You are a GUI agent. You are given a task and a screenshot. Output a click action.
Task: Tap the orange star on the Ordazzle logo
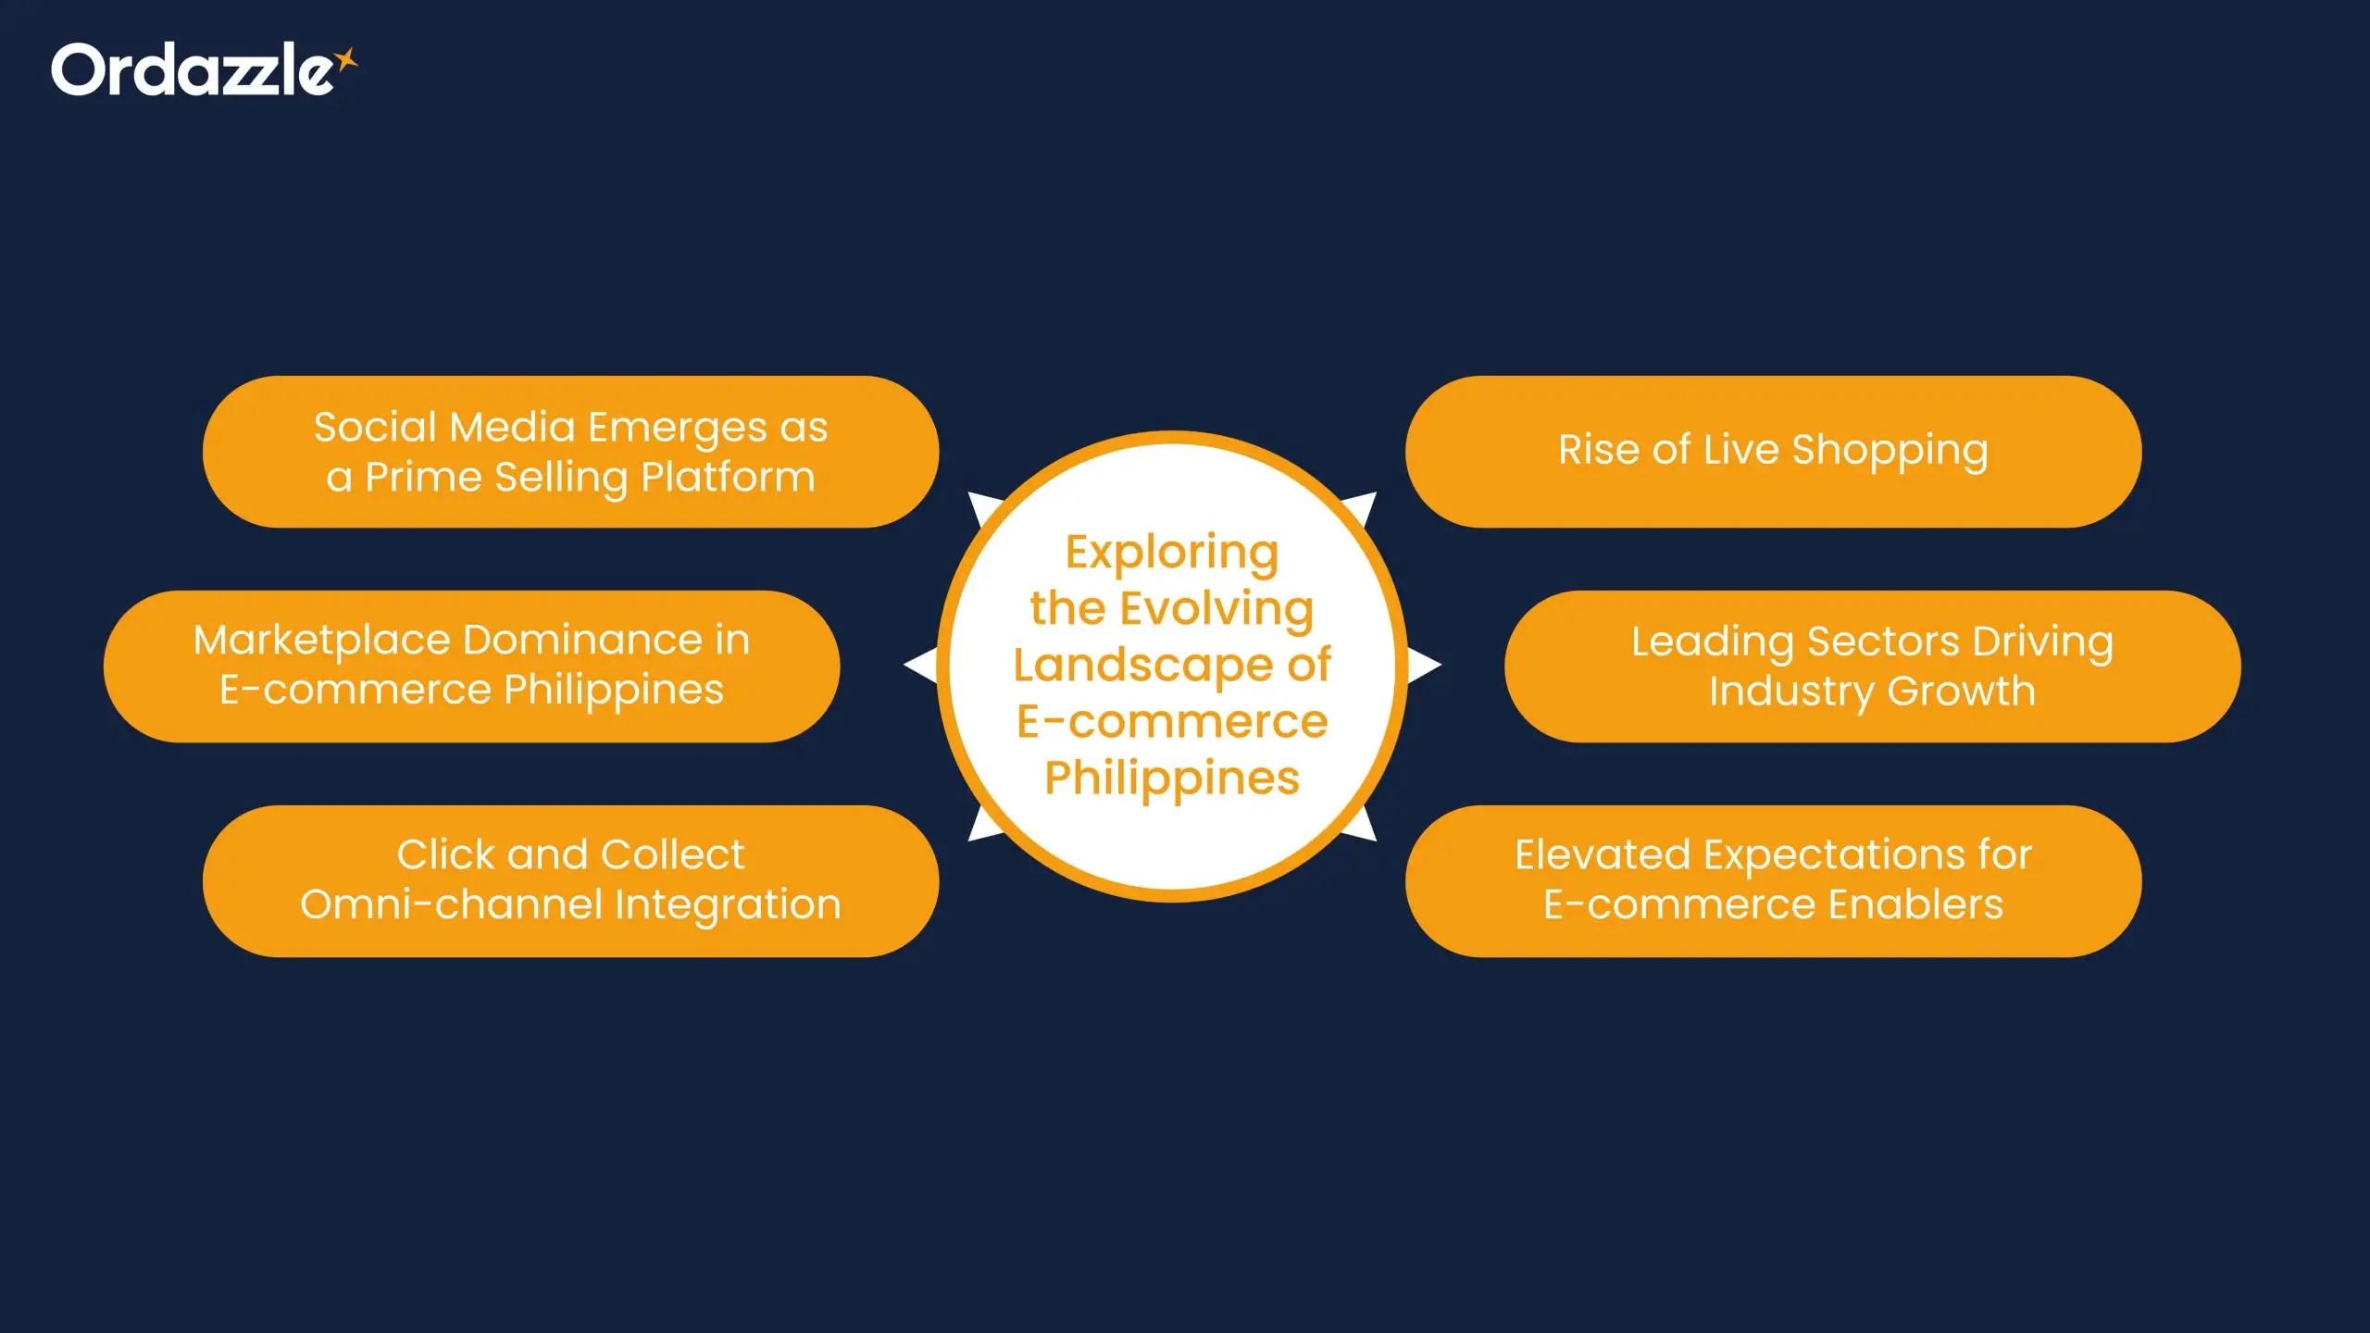click(x=346, y=60)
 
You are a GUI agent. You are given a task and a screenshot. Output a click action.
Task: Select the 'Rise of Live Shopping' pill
click(x=1772, y=451)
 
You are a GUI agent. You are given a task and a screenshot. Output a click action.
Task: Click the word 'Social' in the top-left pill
click(x=374, y=428)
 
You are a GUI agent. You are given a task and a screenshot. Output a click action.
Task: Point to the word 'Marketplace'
click(x=320, y=641)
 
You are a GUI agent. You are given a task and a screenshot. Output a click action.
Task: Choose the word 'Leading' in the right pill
click(x=1712, y=642)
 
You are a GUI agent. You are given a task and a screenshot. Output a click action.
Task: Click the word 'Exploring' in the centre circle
click(x=1171, y=554)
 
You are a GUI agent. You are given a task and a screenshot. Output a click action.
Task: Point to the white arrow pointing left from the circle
click(x=920, y=665)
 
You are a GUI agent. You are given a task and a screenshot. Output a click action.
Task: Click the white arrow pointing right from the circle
click(x=1424, y=665)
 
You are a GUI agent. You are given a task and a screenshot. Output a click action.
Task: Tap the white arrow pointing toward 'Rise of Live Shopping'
click(x=1362, y=508)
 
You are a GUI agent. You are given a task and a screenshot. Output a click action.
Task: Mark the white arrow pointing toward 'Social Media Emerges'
click(x=982, y=508)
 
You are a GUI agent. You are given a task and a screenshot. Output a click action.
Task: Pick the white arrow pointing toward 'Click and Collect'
click(x=982, y=825)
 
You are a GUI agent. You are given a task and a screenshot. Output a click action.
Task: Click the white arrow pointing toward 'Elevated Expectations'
click(x=1362, y=825)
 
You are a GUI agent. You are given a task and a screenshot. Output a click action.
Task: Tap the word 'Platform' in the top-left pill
click(x=728, y=478)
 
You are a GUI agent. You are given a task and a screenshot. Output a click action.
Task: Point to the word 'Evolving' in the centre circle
click(x=1216, y=609)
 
